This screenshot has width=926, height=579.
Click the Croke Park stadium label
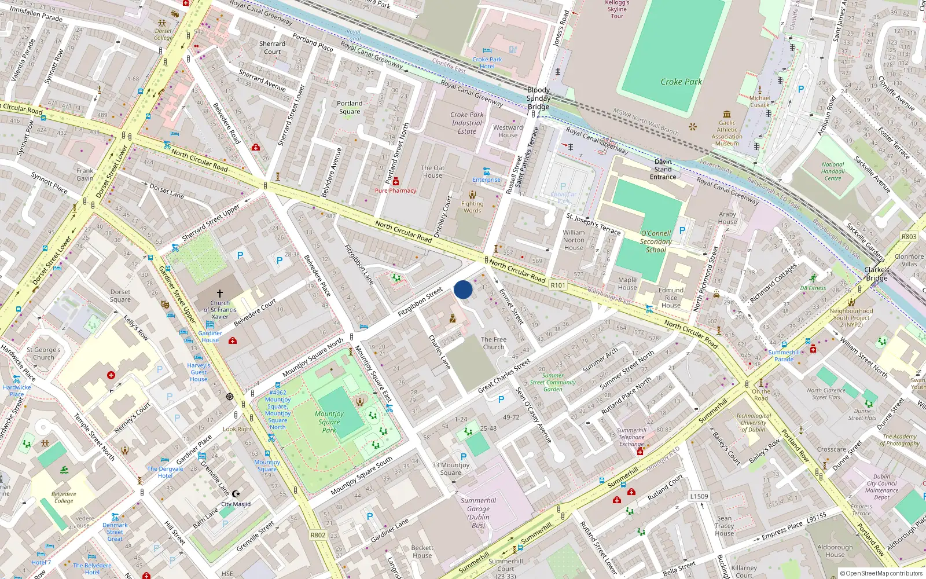coord(681,82)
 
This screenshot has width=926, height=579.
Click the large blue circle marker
coord(463,289)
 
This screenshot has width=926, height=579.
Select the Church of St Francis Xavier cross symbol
coord(220,294)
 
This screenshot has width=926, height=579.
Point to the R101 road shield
coord(558,285)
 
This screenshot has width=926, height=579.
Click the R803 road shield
coord(909,237)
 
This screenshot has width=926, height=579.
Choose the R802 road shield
coord(318,535)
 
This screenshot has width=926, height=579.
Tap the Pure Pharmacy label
coord(395,190)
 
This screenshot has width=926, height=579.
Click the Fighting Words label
coord(472,207)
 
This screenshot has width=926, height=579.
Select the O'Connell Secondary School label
coord(656,241)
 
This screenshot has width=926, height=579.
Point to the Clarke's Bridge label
coord(877,274)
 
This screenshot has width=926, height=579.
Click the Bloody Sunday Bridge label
coord(538,98)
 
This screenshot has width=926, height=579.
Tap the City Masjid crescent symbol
coord(235,494)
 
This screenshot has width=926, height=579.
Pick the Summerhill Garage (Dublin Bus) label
coord(478,513)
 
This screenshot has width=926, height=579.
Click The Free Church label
coord(494,343)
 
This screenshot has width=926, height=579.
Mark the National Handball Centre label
coord(833,171)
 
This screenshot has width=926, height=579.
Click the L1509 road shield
coord(699,496)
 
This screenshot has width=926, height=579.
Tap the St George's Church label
coord(43,354)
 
